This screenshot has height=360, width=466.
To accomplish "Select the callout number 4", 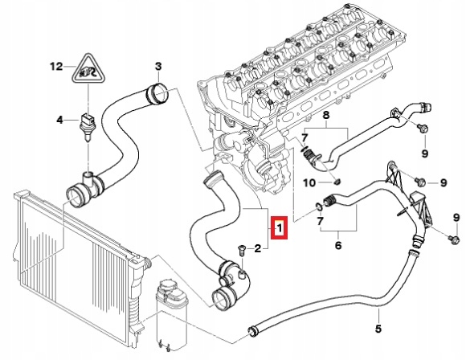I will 157,65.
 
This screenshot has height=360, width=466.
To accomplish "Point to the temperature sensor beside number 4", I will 59,121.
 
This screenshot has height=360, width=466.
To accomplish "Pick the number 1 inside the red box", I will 278,229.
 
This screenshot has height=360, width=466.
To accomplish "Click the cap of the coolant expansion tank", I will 170,288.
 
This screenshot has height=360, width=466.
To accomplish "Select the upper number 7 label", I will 304,139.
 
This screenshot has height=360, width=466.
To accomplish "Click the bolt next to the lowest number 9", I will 452,240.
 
